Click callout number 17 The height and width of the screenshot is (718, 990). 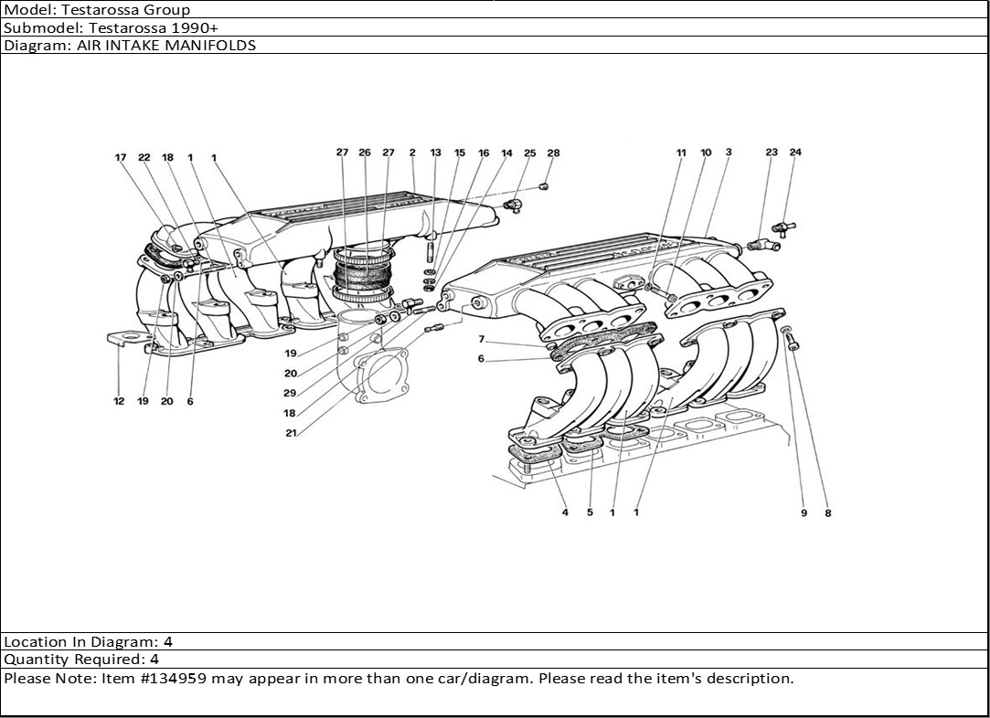pos(120,157)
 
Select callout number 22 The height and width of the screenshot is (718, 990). pos(144,157)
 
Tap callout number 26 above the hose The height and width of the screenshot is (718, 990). pos(365,153)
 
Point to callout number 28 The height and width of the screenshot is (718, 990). pos(553,153)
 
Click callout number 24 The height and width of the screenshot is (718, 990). pos(795,153)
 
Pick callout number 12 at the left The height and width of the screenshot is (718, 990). pos(119,401)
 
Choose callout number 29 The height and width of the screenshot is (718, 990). pos(290,393)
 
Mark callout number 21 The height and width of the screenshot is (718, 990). pos(291,433)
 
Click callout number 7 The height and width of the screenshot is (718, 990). pos(481,339)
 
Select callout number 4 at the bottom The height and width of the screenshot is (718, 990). pos(565,512)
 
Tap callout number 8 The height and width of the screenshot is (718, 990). pos(828,513)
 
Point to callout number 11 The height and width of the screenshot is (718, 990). pos(680,153)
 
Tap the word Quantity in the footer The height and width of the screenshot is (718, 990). pos(31,659)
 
